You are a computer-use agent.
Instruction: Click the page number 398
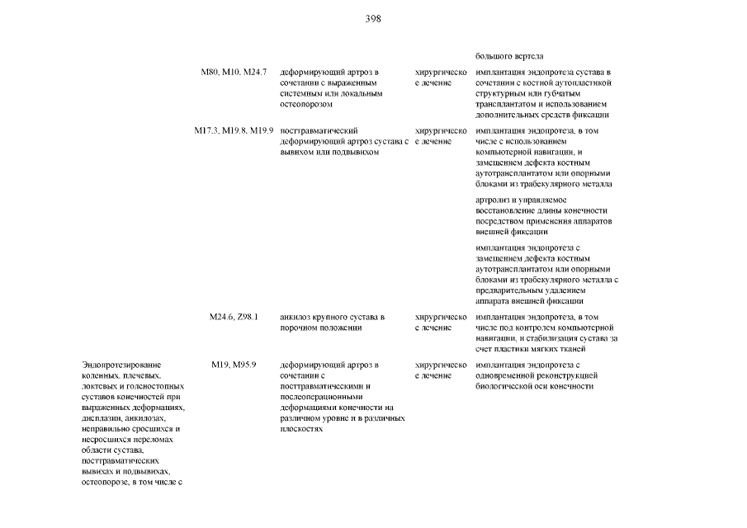(x=373, y=18)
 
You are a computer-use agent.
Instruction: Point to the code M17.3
(x=207, y=130)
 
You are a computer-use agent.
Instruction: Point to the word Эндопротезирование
(x=121, y=365)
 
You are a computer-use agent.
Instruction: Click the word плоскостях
(x=300, y=429)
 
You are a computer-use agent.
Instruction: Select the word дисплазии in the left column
(x=102, y=418)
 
